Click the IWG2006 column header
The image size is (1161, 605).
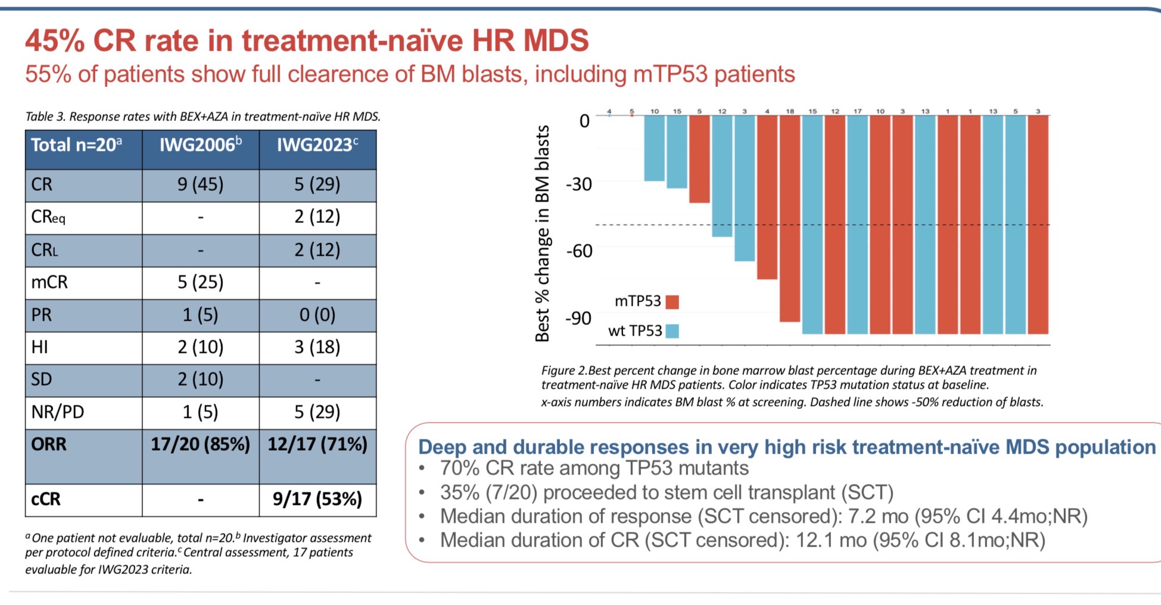click(200, 145)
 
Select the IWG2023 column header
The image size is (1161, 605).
click(318, 145)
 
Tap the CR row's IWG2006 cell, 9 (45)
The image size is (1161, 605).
click(200, 184)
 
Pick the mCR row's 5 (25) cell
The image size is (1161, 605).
click(200, 282)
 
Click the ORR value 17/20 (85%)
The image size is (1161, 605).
click(200, 445)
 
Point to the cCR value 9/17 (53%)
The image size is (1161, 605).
click(318, 499)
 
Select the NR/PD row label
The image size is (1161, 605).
click(58, 412)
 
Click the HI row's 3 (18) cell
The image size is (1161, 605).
click(318, 347)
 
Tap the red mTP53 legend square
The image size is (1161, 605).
click(672, 302)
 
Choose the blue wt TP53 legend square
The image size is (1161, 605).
click(672, 331)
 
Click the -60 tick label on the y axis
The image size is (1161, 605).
click(579, 251)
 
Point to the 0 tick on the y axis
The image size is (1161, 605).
click(584, 121)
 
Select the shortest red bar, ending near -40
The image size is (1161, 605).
click(699, 159)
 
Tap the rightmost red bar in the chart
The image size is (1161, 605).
click(1038, 224)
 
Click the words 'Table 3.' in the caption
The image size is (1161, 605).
click(45, 117)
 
